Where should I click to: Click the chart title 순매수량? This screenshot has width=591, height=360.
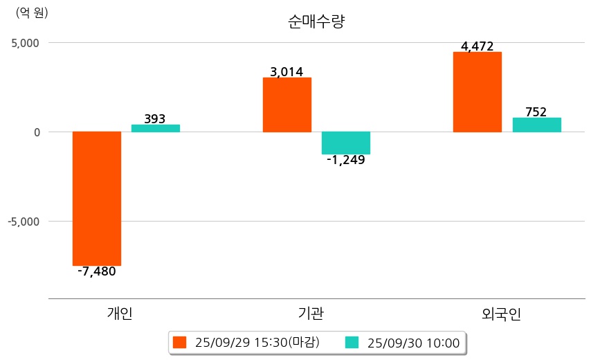click(316, 21)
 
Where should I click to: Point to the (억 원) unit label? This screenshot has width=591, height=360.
click(32, 12)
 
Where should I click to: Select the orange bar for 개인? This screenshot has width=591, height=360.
click(97, 198)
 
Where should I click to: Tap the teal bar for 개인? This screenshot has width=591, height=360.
click(156, 128)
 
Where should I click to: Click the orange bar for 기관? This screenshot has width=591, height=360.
click(287, 105)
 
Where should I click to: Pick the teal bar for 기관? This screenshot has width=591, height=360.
click(346, 143)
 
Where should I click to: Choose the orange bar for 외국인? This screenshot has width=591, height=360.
click(478, 91)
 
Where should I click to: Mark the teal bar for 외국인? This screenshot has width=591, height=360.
click(536, 125)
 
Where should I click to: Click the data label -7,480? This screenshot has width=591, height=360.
click(97, 271)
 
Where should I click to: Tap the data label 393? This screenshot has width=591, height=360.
click(155, 119)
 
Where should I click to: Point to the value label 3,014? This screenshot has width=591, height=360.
click(287, 72)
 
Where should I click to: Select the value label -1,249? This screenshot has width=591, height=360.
click(346, 161)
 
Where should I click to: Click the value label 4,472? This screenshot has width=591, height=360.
click(478, 47)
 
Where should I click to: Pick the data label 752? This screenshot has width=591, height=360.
click(536, 112)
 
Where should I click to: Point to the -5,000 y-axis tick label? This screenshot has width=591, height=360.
click(24, 222)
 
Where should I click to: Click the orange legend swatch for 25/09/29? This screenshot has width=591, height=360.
click(180, 342)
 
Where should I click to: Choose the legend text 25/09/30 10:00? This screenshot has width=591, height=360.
click(413, 342)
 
